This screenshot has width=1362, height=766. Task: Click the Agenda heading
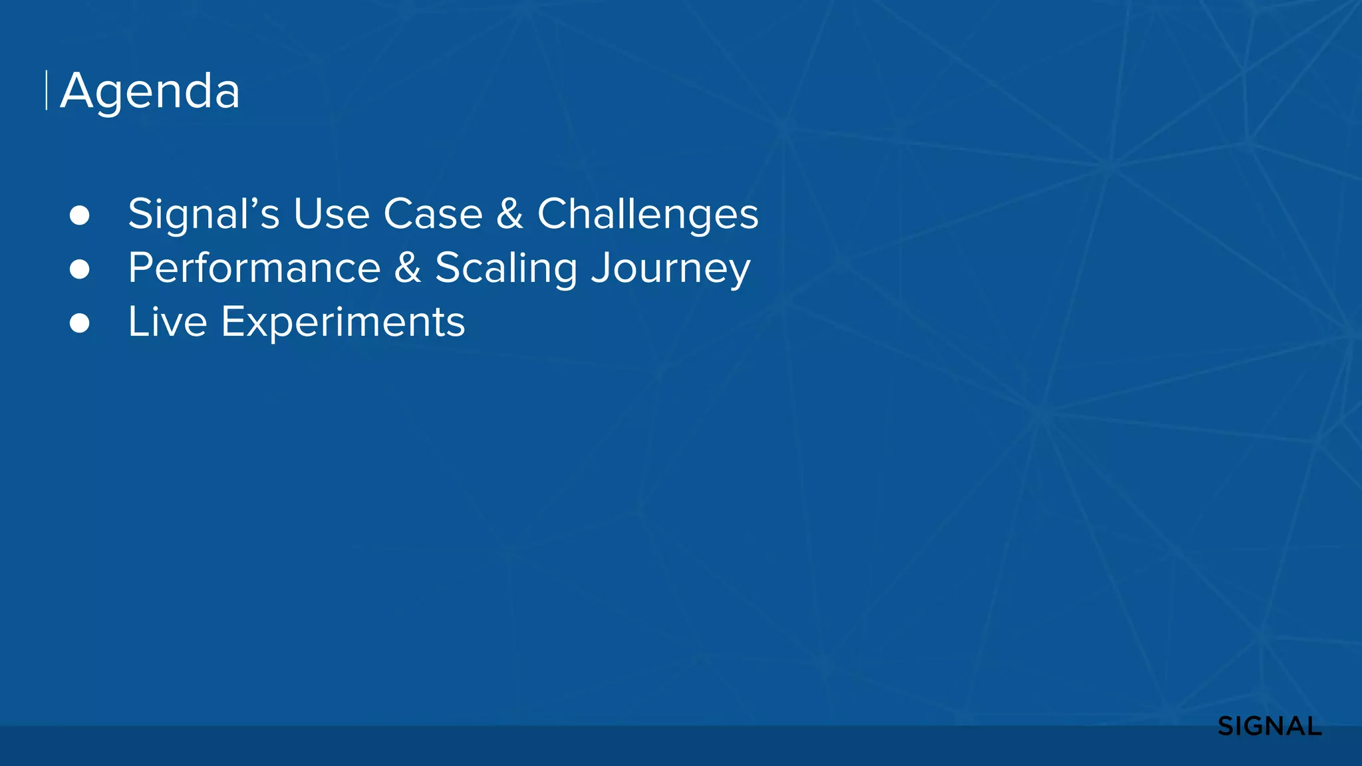click(x=150, y=91)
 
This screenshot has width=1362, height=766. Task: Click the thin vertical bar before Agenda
click(x=47, y=90)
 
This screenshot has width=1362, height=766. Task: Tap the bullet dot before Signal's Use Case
click(x=80, y=215)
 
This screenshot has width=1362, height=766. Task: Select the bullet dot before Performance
click(x=80, y=269)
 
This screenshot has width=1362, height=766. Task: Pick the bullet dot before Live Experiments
click(x=80, y=323)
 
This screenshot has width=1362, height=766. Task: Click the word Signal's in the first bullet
click(x=204, y=214)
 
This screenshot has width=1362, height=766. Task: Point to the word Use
click(x=331, y=214)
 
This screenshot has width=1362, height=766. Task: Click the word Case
click(x=433, y=214)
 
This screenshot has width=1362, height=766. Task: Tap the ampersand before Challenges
click(x=509, y=214)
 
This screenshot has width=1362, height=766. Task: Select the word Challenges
click(x=648, y=214)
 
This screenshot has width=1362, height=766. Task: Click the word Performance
click(x=254, y=268)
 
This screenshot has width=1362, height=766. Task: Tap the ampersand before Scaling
click(x=408, y=268)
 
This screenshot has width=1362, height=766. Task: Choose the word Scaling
click(x=506, y=268)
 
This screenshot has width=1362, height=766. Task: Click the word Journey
click(x=671, y=268)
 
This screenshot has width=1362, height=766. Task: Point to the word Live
click(x=168, y=322)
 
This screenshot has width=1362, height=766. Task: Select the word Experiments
click(x=342, y=322)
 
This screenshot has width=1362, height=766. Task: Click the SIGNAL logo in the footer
click(x=1270, y=727)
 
